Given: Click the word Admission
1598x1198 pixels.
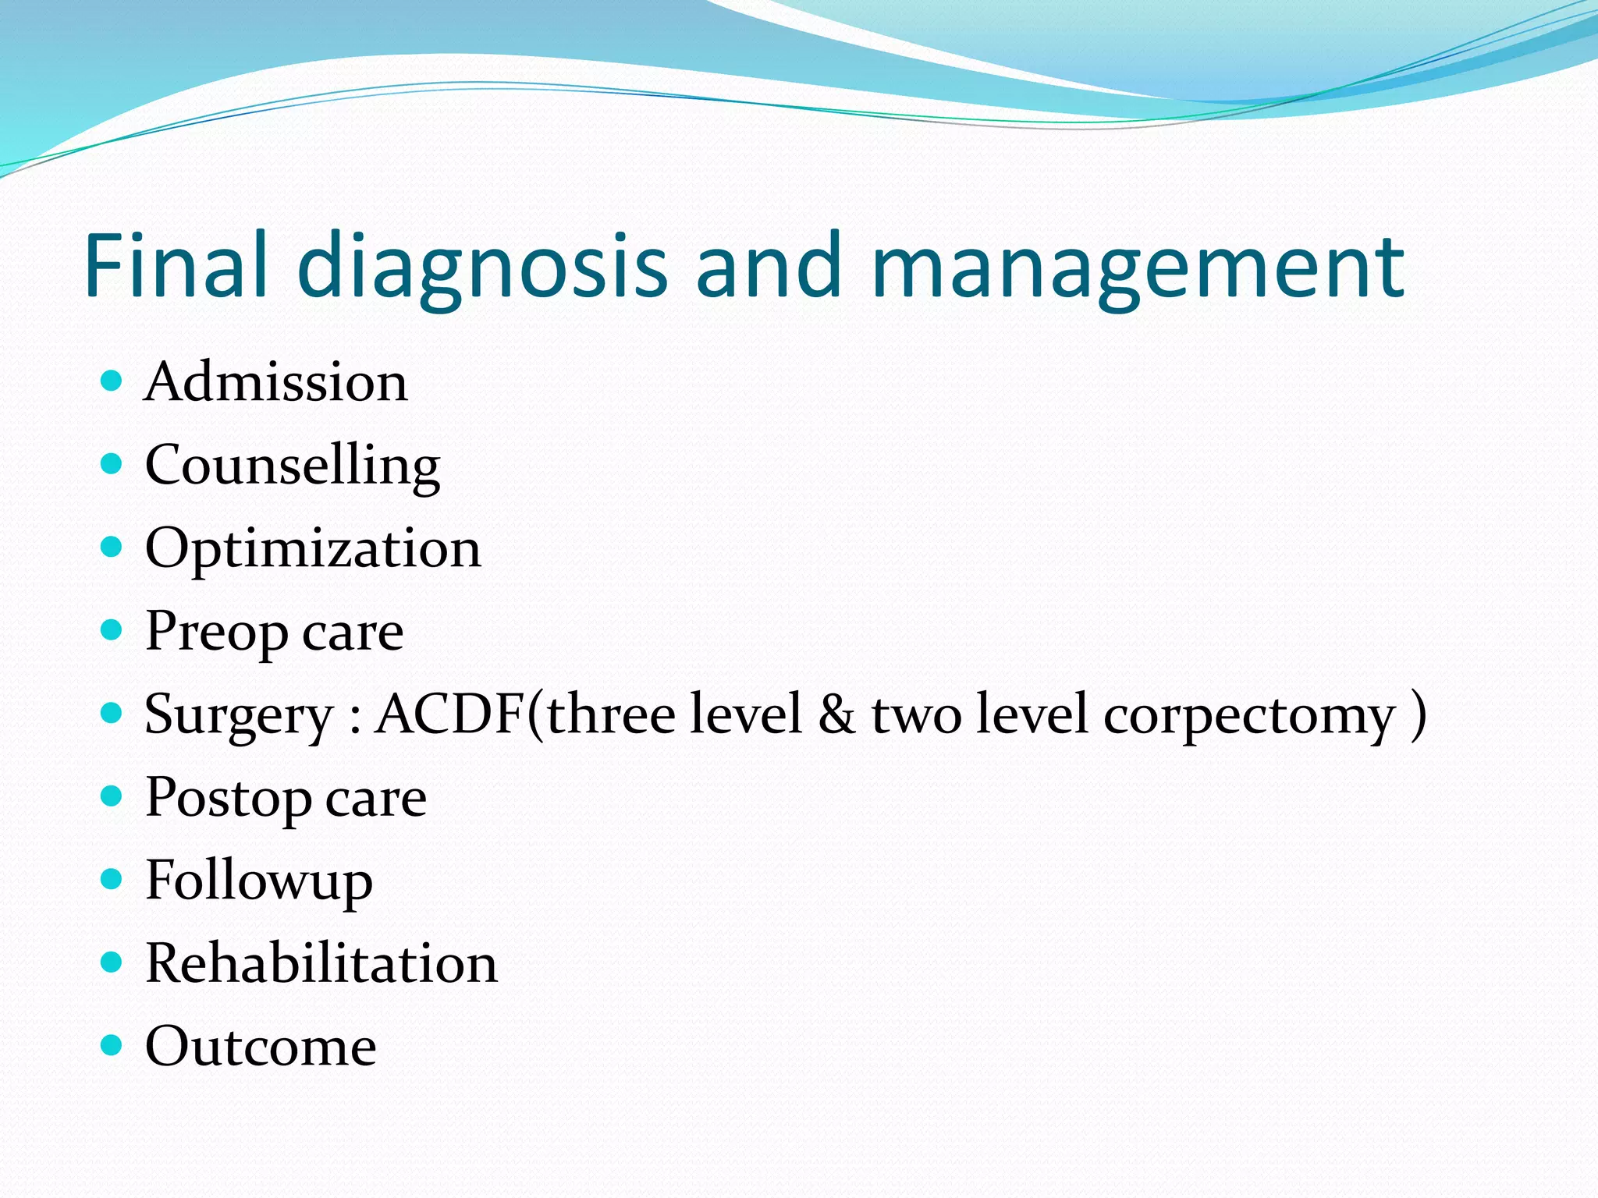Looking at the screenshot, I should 275,382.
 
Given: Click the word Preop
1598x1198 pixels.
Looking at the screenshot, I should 216,633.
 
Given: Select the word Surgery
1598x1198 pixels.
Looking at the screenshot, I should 239,715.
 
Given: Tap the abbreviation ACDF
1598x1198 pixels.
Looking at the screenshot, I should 451,714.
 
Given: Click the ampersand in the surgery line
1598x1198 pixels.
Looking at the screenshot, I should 836,715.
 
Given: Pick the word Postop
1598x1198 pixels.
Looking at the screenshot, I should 228,799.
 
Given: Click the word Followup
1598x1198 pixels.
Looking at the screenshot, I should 259,882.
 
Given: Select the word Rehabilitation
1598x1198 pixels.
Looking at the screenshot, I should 321,963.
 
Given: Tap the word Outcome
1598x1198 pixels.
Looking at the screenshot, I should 261,1047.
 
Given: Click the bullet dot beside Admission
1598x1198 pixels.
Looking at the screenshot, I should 112,381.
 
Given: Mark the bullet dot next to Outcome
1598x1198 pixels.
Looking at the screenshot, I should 112,1044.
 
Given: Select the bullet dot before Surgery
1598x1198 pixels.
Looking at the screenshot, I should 112,712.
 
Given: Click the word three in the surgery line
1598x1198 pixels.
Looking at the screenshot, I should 611,714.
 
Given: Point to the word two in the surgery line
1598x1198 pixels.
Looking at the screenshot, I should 917,715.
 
